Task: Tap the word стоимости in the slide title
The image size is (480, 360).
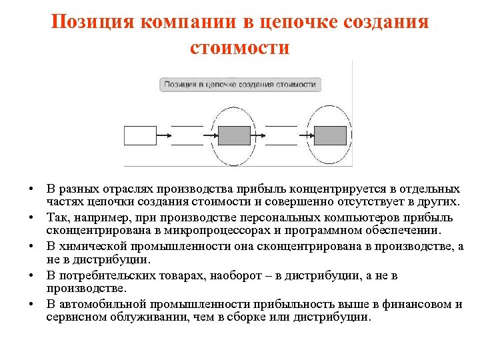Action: click(239, 47)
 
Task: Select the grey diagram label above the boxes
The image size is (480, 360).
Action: click(240, 85)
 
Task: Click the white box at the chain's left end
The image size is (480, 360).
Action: click(140, 135)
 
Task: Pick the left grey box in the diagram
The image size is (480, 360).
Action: click(235, 135)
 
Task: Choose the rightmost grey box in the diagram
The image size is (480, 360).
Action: click(330, 135)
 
